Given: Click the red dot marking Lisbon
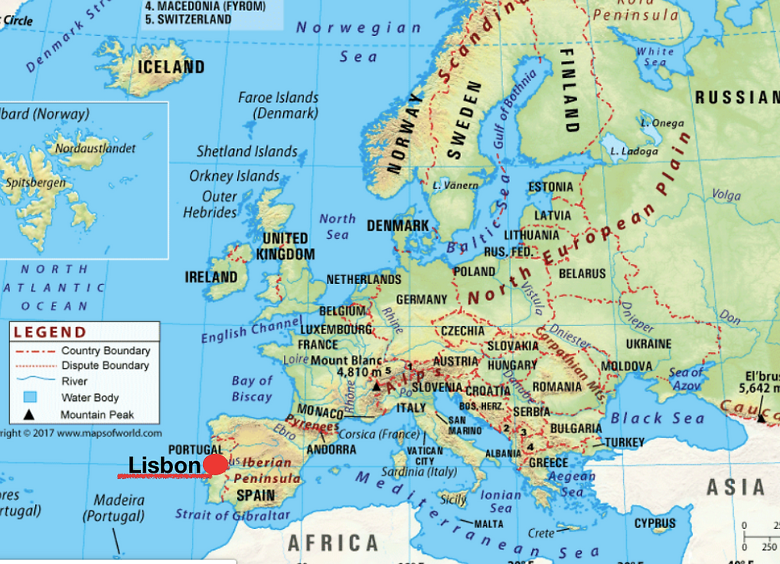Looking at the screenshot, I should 216,465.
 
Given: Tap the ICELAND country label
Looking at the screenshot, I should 171,67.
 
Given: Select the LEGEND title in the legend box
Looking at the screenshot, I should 51,332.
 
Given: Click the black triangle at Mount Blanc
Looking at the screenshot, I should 377,385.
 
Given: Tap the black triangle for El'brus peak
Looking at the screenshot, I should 760,418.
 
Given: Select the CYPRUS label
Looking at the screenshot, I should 655,523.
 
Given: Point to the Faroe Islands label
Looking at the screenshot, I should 278,105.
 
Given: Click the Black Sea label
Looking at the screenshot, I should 647,418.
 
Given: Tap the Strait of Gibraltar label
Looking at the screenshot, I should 232,515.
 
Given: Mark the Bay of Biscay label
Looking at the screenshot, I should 252,388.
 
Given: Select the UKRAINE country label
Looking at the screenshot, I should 647,344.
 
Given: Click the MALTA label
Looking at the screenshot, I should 488,523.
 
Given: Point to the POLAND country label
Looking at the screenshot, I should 474,271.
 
